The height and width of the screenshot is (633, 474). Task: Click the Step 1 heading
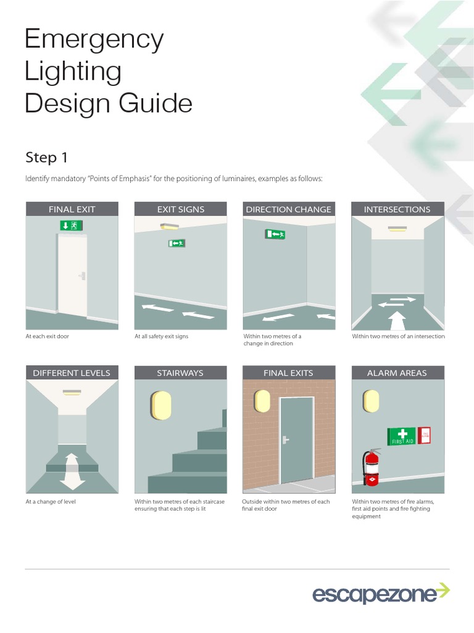46,158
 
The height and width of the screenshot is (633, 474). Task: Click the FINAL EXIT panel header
72,210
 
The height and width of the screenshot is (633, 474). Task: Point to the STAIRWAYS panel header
180,373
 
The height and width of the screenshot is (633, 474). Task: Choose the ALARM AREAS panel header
397,373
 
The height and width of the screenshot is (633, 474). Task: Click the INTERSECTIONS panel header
397,210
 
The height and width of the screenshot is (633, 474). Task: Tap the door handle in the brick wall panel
286,440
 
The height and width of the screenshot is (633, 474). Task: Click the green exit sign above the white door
72,226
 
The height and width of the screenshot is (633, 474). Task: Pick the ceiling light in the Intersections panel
397,229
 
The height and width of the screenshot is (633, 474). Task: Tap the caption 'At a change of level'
51,501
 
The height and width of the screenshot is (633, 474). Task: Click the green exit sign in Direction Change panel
275,234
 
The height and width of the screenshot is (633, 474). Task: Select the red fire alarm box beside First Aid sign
424,435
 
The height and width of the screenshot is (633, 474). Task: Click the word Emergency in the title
94,40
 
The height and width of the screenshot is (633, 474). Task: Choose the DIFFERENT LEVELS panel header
72,373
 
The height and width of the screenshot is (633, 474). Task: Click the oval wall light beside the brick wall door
262,401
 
